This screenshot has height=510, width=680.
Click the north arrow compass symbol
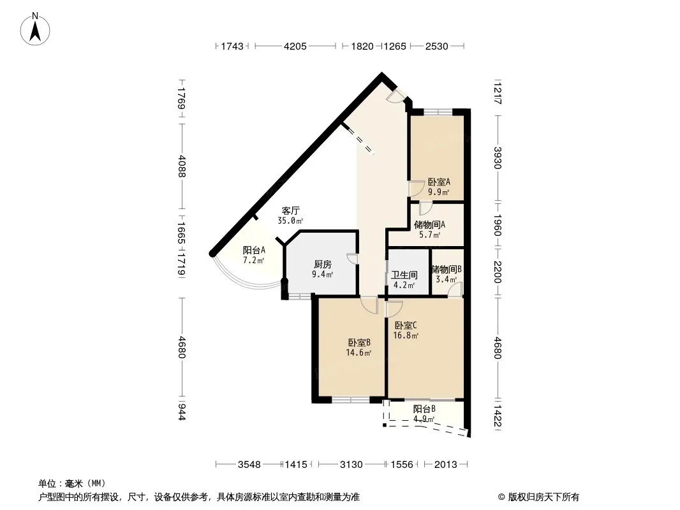pyautogui.click(x=35, y=29)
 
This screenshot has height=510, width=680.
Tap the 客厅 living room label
pyautogui.click(x=290, y=211)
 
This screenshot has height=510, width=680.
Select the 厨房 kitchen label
pyautogui.click(x=323, y=265)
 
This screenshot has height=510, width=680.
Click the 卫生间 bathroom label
pyautogui.click(x=404, y=275)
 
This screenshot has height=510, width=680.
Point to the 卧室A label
pyautogui.click(x=439, y=182)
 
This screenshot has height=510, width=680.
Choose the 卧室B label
pyautogui.click(x=359, y=343)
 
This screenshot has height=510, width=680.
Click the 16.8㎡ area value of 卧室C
pyautogui.click(x=406, y=335)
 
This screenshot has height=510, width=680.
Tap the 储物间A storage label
pyautogui.click(x=430, y=224)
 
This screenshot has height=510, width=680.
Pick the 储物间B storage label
pyautogui.click(x=447, y=269)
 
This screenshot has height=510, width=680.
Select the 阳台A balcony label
pyautogui.click(x=254, y=250)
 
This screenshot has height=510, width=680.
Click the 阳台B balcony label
pyautogui.click(x=425, y=409)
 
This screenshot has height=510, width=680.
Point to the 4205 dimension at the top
pyautogui.click(x=295, y=46)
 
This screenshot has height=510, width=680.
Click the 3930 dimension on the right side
pyautogui.click(x=497, y=158)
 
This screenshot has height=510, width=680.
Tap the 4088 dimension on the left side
pyautogui.click(x=182, y=166)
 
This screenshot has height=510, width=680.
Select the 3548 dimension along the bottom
pyautogui.click(x=249, y=465)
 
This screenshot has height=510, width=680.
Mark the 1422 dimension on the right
pyautogui.click(x=497, y=415)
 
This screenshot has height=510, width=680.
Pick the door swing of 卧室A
pyautogui.click(x=416, y=188)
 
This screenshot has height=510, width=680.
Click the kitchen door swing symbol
pyautogui.click(x=353, y=259)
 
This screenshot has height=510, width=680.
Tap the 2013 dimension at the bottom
pyautogui.click(x=446, y=465)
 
